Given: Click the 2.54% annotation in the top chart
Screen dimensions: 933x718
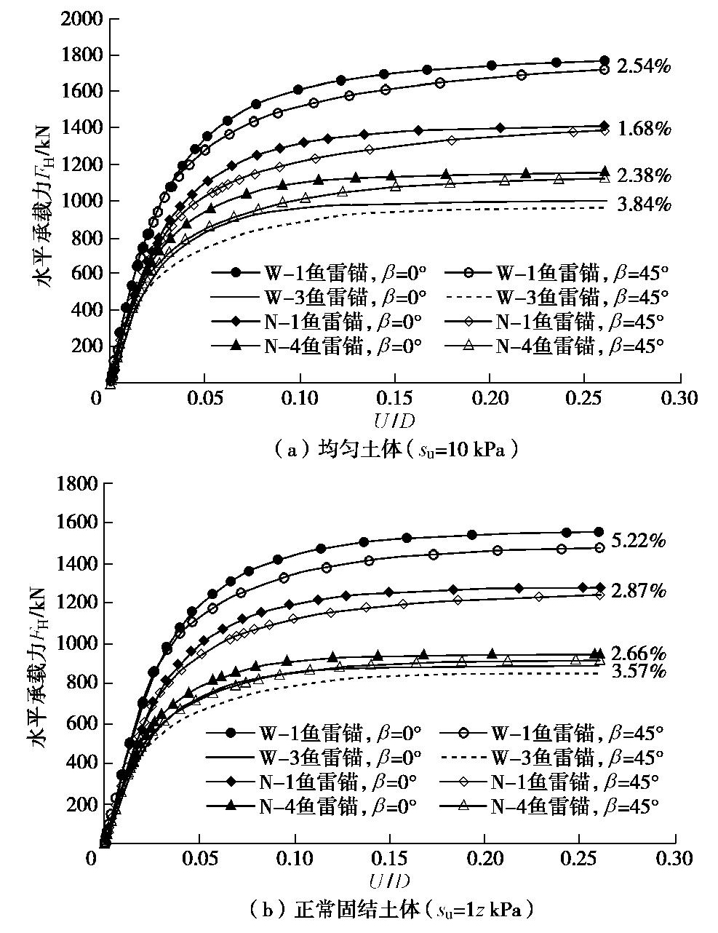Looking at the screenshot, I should (x=644, y=67).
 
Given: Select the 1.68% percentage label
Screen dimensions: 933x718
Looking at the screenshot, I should (x=644, y=130).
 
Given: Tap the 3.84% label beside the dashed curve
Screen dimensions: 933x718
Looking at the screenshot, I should (x=644, y=205).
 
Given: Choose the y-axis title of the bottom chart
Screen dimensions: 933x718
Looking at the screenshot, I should (x=40, y=659).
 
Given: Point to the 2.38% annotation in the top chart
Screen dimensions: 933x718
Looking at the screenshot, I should (x=644, y=176).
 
